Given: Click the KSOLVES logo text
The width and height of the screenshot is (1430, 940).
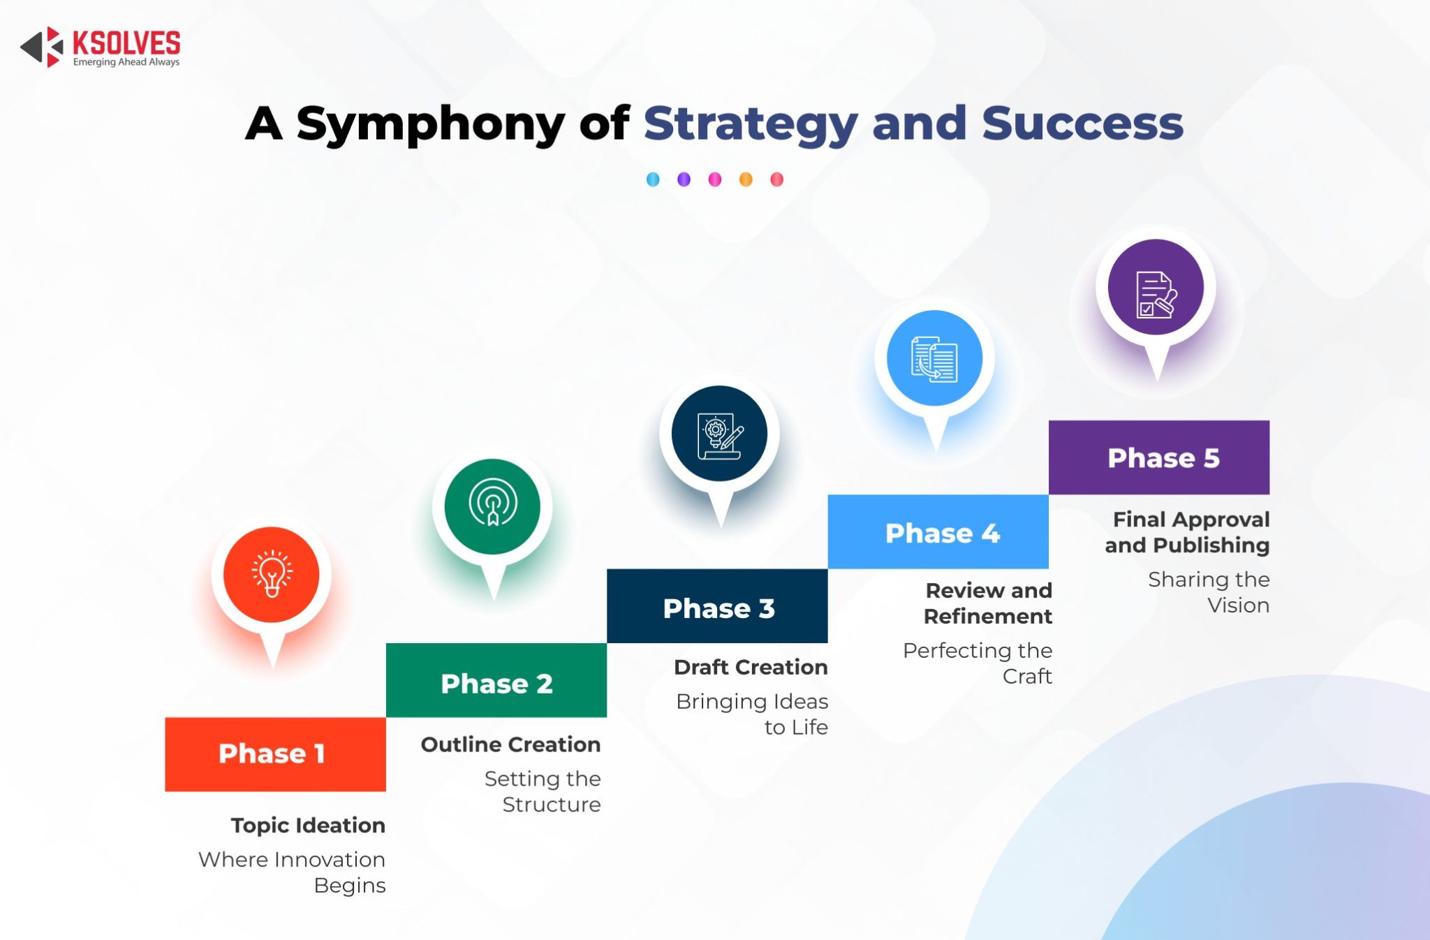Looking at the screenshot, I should (x=126, y=43).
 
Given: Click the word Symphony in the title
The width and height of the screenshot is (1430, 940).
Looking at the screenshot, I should (x=430, y=124).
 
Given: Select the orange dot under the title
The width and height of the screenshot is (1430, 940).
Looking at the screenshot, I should (x=746, y=179).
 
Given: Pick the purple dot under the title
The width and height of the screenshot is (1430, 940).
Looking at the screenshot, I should (x=684, y=179).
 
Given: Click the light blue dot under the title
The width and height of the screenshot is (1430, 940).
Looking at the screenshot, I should (x=653, y=179).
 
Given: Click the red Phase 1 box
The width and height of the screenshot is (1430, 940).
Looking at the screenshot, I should (x=275, y=754).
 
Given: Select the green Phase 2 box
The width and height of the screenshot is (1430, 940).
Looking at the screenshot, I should (x=496, y=680).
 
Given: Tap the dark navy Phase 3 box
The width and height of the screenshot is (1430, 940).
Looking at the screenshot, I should (x=717, y=606).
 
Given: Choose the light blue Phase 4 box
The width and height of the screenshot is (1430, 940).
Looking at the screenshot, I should (x=938, y=532).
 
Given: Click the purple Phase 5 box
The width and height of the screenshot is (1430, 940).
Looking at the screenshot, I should (x=1159, y=457).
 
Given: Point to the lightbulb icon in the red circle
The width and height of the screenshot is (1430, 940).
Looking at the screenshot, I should (x=272, y=574).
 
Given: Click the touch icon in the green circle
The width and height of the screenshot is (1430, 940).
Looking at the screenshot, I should (x=493, y=504).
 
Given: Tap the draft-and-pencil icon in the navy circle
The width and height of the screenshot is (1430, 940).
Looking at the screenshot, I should (x=720, y=435).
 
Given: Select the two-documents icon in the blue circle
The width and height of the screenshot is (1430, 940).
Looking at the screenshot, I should (x=934, y=359).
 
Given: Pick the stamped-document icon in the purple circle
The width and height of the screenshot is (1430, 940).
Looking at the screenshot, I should (x=1156, y=293).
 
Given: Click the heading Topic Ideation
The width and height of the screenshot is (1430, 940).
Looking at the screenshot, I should (x=308, y=825).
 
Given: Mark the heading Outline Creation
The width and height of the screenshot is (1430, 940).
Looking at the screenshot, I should (x=510, y=744).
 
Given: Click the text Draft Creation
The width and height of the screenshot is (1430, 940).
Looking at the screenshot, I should (x=751, y=667).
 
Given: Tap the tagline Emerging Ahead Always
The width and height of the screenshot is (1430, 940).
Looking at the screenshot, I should (x=126, y=62).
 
